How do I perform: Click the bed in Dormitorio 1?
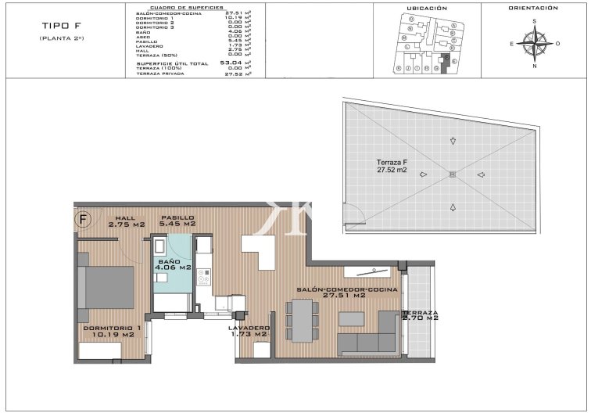(x=109, y=288)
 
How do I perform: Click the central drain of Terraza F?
(x=452, y=174)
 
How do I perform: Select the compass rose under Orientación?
(x=535, y=44)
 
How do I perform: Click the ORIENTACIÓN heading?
(x=533, y=8)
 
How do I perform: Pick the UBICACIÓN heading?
(x=427, y=8)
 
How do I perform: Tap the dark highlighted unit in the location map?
(x=446, y=63)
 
